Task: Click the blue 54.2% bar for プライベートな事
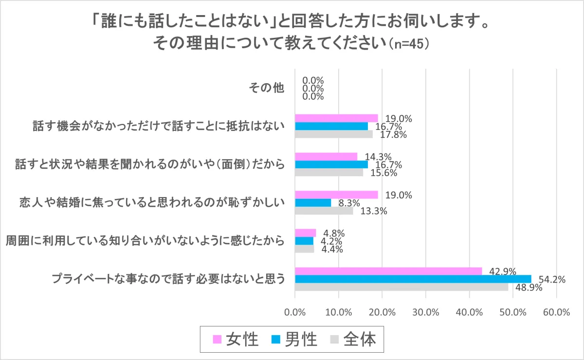(413, 279)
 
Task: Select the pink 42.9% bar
(388, 271)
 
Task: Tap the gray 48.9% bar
(401, 287)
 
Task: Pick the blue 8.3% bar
(313, 202)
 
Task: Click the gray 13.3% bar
(324, 211)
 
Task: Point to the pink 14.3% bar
(326, 156)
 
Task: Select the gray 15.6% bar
(328, 172)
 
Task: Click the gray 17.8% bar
(333, 134)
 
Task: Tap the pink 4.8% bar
(305, 233)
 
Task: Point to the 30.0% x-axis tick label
(426, 312)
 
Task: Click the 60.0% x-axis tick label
(556, 312)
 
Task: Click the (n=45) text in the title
(408, 44)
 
